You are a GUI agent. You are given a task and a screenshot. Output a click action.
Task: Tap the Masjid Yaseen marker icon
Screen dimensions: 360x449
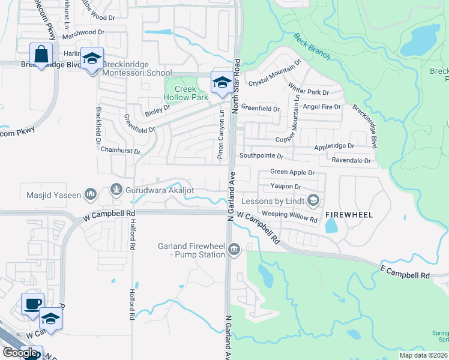pos(91,194)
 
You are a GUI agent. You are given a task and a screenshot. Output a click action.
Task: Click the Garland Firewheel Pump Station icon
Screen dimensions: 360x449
pos(234,250)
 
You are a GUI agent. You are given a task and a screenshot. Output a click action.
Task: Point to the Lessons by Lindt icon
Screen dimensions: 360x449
pos(312,200)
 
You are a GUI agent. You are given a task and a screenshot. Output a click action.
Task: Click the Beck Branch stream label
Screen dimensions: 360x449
pos(312,46)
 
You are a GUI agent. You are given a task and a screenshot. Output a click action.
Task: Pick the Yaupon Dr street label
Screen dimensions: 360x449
pos(285,187)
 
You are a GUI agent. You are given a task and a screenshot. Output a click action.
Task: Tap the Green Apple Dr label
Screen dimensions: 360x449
pos(292,172)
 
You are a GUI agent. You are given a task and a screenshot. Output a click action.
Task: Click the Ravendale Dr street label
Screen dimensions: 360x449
pos(351,161)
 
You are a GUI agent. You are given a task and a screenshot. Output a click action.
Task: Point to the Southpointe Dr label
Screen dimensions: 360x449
pos(261,155)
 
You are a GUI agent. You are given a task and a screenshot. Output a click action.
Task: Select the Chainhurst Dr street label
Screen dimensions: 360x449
pos(120,150)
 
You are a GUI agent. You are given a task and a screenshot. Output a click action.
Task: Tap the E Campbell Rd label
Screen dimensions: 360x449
pos(405,272)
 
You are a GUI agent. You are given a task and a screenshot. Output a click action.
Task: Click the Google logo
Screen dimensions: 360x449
pos(20,352)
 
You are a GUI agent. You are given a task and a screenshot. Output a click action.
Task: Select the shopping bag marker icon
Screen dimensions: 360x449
pos(41,54)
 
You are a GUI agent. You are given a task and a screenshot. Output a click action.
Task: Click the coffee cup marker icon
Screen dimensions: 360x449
pos(32,303)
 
